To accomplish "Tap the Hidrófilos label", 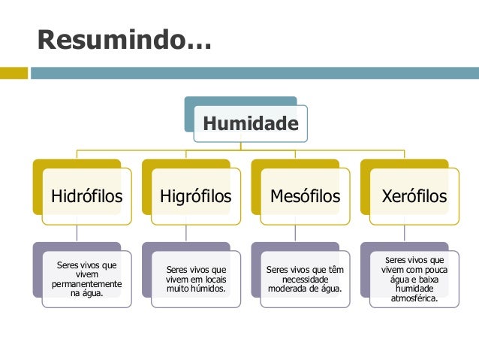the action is (86, 197).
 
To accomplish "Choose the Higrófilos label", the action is (196, 197).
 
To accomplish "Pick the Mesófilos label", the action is (305, 197).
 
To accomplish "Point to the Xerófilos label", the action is (414, 197).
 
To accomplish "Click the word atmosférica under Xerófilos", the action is (414, 298).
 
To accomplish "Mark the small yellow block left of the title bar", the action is (14, 73).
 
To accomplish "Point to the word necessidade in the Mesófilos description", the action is (305, 279).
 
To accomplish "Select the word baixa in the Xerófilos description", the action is (427, 280).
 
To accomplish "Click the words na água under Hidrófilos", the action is (86, 294).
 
